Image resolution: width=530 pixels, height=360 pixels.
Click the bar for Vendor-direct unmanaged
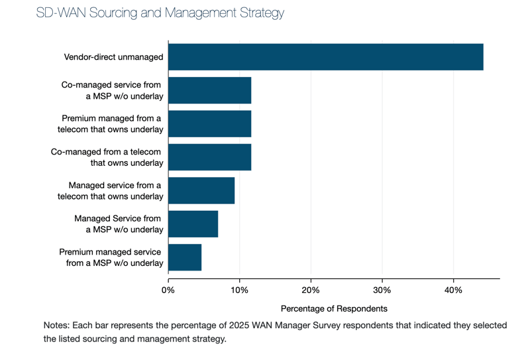pos(325,57)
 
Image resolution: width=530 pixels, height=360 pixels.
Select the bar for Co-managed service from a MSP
pos(209,90)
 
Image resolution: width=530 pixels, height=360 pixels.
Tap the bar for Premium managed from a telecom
pos(209,124)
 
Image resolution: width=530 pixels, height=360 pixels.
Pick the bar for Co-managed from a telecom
pos(209,157)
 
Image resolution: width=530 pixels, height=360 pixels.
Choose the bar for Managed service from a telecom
pos(201,190)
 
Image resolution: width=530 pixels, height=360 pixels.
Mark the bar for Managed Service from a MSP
pos(193,224)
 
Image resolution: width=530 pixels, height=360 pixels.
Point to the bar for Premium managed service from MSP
pos(185,257)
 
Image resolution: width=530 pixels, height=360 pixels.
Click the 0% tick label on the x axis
pos(168,290)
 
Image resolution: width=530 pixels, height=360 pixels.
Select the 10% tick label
pos(239,290)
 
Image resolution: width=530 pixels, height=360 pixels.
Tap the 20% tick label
pos(311,290)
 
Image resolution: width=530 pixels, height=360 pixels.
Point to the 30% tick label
pos(382,290)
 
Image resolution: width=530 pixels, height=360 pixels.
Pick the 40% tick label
pos(453,290)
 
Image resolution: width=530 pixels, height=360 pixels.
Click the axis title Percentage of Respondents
pos(334,308)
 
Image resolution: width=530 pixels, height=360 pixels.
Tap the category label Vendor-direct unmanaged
pos(113,57)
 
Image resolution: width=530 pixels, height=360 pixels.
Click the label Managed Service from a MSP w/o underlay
pos(119,224)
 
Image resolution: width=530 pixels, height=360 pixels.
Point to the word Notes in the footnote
pos(57,326)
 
